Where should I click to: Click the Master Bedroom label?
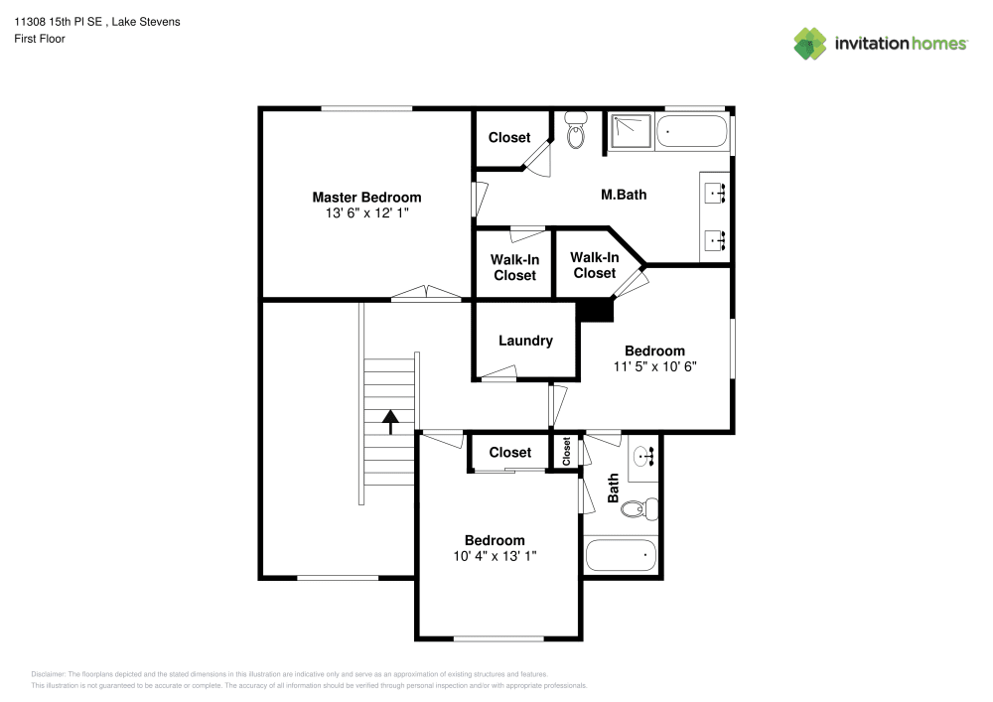(x=366, y=197)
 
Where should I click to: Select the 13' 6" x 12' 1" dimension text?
(x=366, y=212)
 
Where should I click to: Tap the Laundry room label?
(x=525, y=341)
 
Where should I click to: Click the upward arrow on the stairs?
(x=390, y=422)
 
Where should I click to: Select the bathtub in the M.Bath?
(x=693, y=132)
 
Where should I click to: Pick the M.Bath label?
(x=624, y=195)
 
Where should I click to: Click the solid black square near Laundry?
(x=596, y=311)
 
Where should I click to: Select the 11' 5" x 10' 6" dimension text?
(x=654, y=365)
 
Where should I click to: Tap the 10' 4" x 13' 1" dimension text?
(x=495, y=556)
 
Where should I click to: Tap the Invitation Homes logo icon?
(x=809, y=43)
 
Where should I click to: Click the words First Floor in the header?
(x=40, y=39)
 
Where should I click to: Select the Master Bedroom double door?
(x=426, y=294)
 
